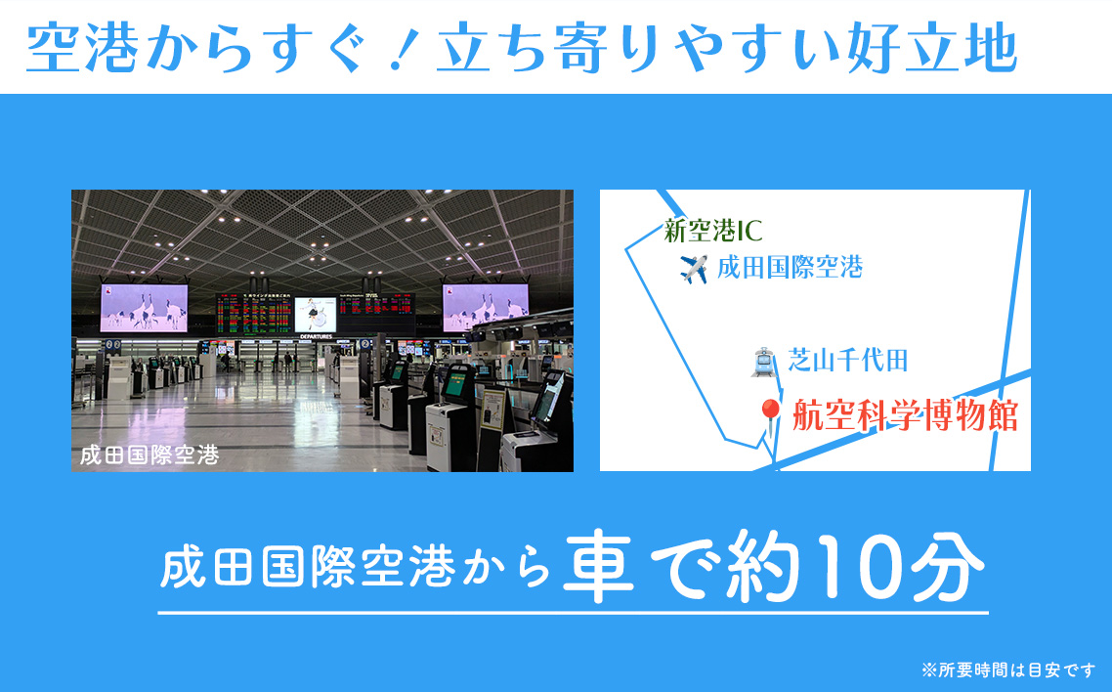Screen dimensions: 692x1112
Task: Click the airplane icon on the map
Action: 693,269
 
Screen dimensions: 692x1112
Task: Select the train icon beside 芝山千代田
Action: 763,362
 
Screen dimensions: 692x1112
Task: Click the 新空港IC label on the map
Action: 712,231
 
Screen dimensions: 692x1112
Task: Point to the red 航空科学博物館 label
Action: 904,415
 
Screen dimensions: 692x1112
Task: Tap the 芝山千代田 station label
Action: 848,361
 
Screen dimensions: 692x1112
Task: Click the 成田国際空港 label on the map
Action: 790,268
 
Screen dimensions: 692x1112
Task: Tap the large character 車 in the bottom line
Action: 599,569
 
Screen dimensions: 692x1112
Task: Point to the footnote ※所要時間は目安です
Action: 1008,670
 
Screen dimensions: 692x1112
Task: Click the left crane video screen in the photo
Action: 143,307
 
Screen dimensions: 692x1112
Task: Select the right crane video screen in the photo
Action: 485,307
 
